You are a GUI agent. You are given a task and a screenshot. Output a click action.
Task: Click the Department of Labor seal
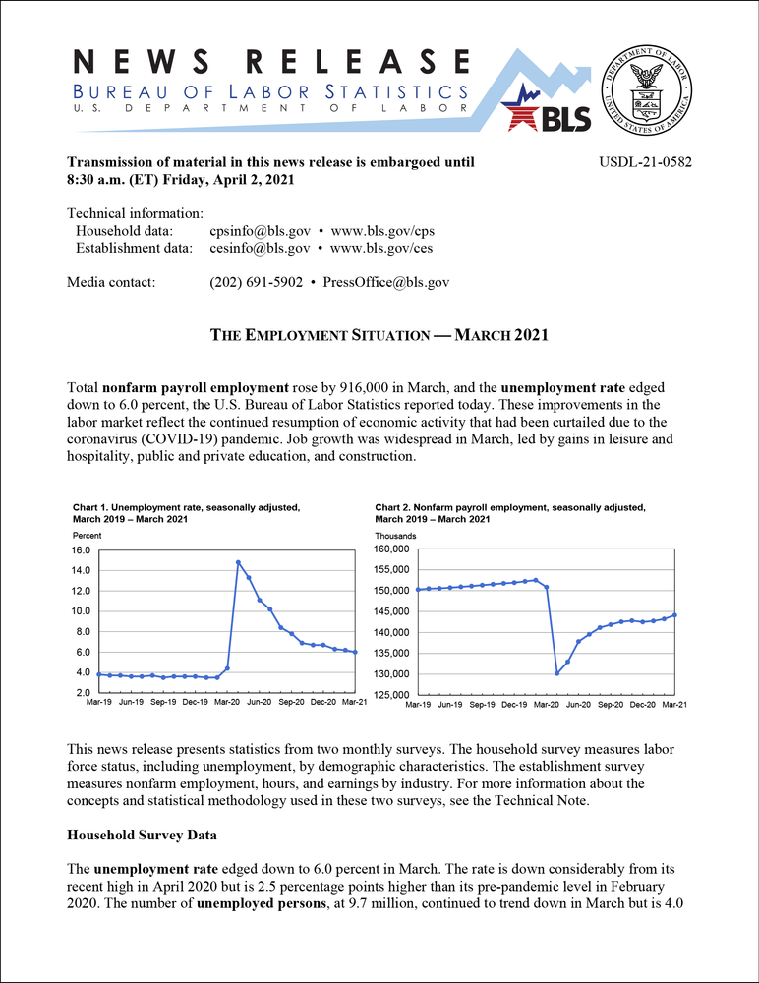648,87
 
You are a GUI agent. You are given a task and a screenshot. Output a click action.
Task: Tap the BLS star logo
548,108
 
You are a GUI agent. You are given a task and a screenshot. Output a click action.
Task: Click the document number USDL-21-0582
645,161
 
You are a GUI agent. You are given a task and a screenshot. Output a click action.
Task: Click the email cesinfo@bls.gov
260,248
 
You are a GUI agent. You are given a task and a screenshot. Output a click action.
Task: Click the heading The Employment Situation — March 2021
379,335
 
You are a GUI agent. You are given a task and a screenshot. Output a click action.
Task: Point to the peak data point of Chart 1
238,562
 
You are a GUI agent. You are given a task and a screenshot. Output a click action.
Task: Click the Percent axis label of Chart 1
87,534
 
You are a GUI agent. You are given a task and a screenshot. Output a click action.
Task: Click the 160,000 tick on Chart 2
394,549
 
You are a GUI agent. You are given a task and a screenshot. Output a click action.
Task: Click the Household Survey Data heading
142,835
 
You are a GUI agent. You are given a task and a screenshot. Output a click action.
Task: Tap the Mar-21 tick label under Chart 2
673,705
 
